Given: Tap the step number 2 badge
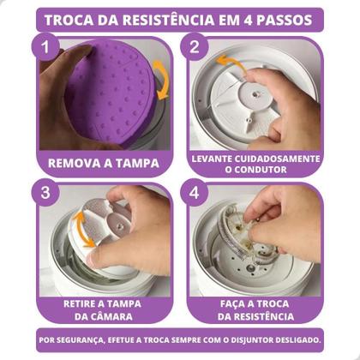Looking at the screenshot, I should click(195, 48).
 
